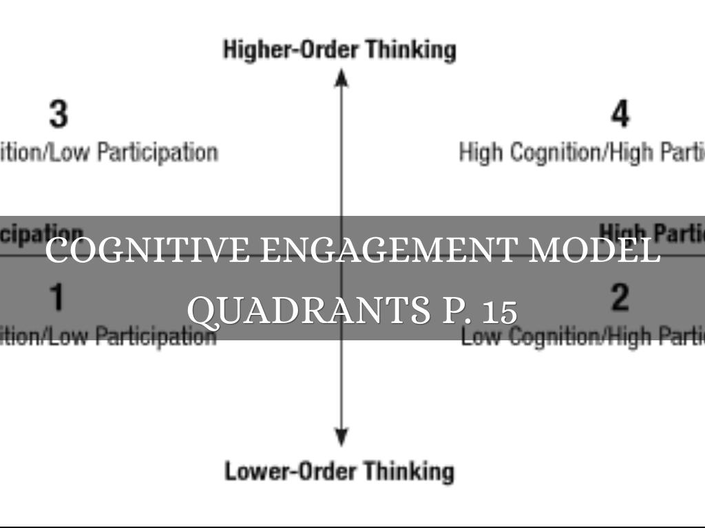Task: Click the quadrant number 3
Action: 59,114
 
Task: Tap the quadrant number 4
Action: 620,114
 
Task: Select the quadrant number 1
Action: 57,297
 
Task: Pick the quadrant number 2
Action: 620,297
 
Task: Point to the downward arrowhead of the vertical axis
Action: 341,437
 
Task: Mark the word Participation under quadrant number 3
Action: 157,152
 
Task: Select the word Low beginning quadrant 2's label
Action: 476,337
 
